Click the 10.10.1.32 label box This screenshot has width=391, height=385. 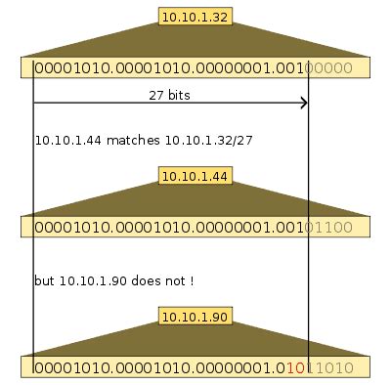(195, 17)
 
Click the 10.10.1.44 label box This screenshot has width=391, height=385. (195, 176)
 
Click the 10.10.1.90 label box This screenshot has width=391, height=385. (195, 317)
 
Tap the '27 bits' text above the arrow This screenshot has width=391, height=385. (170, 94)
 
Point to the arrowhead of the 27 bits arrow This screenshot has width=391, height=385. (304, 103)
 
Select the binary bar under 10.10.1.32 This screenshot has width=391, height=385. (195, 68)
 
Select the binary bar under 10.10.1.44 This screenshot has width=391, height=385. (195, 228)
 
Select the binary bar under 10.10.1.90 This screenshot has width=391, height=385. (195, 368)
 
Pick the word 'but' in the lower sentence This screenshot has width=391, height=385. (45, 281)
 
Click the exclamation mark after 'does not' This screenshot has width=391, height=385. (191, 281)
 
